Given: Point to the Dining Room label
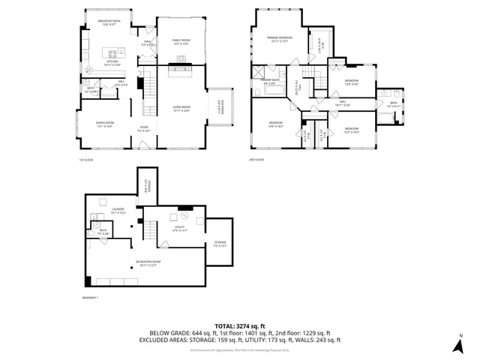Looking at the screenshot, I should pyautogui.click(x=104, y=124).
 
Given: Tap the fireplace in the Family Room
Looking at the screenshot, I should pyautogui.click(x=181, y=69).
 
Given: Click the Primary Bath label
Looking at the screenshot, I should pyautogui.click(x=271, y=82).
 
